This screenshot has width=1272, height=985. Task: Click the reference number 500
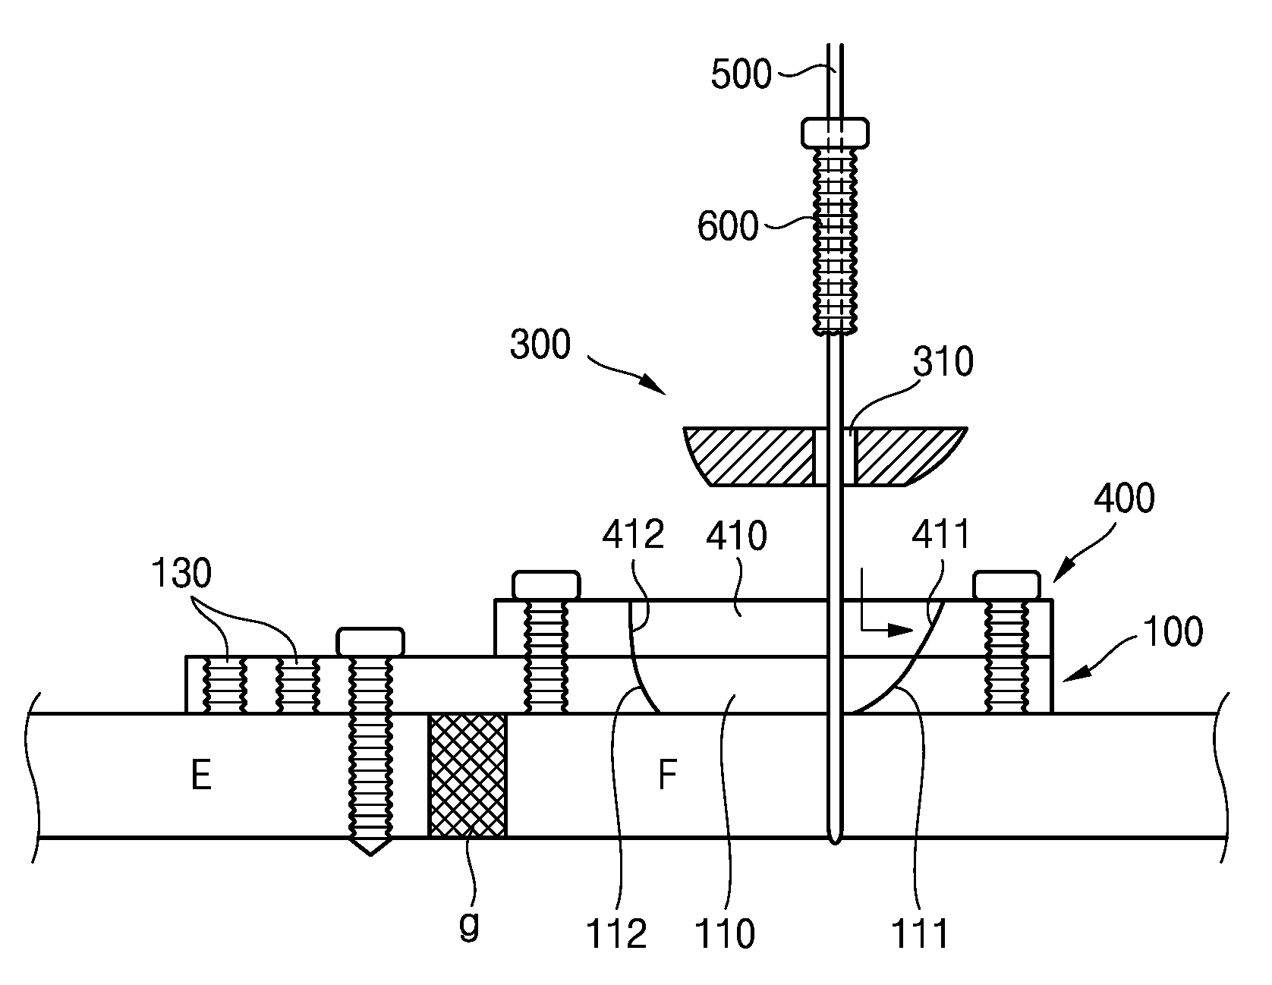741,75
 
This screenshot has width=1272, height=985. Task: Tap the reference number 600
728,227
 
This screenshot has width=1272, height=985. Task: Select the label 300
540,345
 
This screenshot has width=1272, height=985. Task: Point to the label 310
943,363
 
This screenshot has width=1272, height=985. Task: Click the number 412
634,536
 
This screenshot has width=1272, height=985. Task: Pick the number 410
736,537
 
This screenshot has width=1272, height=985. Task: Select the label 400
1124,499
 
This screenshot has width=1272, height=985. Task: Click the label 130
181,574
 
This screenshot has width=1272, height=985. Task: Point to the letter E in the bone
201,776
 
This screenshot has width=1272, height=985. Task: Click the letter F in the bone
667,776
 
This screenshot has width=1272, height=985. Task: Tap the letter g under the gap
471,927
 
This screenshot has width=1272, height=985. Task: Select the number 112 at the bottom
616,934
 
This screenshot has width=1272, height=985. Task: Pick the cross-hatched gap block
468,775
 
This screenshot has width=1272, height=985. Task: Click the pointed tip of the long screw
370,854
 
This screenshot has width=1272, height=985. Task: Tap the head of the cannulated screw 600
836,132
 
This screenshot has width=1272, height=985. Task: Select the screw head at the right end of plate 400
1006,586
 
